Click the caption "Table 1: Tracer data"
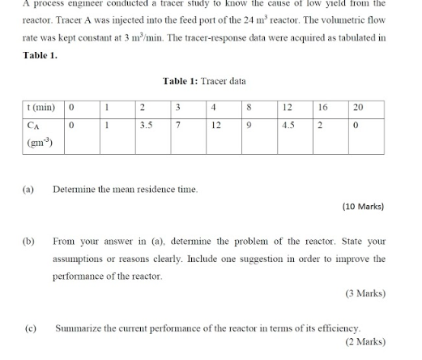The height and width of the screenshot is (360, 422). pos(204,81)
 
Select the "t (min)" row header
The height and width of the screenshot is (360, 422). pos(40,108)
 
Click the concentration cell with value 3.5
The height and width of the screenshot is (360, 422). pos(147,126)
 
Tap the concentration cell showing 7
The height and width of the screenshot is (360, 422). pos(177,126)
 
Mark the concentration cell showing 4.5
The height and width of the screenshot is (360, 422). pos(288,126)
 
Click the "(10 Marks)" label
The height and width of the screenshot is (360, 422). pos(364,206)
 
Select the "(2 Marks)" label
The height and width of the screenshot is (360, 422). pos(366,342)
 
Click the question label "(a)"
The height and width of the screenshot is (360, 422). pos(28,189)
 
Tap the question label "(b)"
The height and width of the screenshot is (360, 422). pos(29,241)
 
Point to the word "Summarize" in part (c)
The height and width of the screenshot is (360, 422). pos(77,328)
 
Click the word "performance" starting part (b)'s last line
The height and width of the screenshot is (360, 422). pos(77,276)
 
